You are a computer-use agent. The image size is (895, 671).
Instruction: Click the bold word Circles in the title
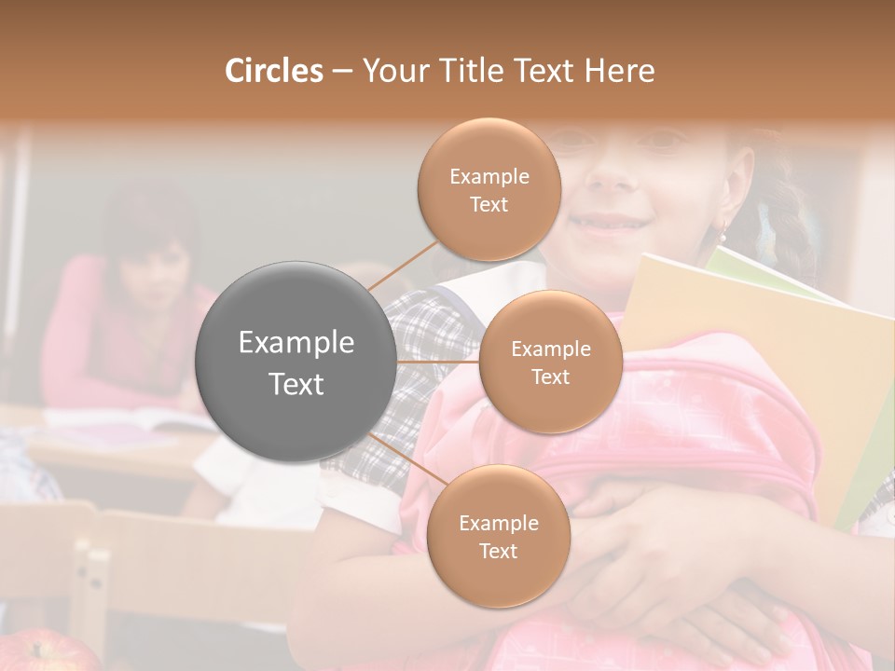273,71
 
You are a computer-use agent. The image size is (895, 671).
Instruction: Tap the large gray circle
296,362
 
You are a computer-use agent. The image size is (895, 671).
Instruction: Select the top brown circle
489,189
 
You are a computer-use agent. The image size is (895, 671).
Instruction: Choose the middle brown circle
550,362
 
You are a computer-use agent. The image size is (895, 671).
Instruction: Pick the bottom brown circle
498,536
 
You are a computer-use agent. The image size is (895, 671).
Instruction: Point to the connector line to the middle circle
438,362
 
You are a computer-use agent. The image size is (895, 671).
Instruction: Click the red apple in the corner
47,652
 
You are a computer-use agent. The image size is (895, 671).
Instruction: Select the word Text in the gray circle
296,383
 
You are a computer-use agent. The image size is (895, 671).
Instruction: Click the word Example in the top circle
489,176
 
